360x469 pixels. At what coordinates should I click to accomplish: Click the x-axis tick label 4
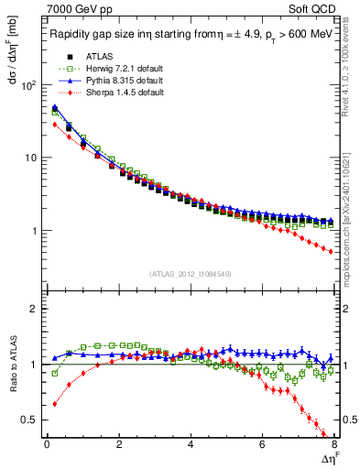point(190,446)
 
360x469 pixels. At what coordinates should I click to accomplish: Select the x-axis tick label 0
point(47,446)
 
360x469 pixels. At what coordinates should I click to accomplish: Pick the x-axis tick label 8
point(333,446)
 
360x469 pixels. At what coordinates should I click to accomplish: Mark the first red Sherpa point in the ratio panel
point(54,404)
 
